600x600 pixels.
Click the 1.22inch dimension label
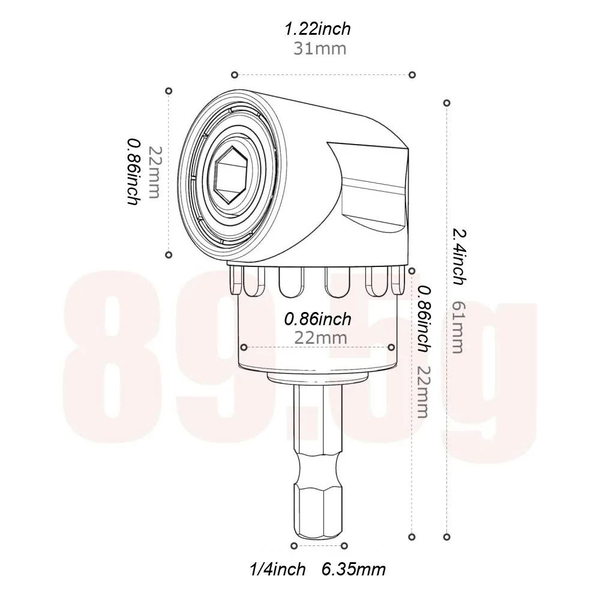click(x=318, y=28)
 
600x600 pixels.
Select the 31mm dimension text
click(x=319, y=49)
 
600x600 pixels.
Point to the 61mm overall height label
click(x=457, y=327)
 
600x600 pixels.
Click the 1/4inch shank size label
click(x=277, y=569)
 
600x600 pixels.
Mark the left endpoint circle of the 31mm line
click(x=235, y=74)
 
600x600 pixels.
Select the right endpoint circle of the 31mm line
click(x=412, y=74)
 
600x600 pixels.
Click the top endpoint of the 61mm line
click(x=446, y=103)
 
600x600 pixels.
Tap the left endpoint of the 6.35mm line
click(x=293, y=545)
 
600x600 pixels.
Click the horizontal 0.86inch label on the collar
click(x=318, y=319)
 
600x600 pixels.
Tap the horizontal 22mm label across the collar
click(x=320, y=337)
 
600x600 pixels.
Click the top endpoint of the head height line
click(x=169, y=91)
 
